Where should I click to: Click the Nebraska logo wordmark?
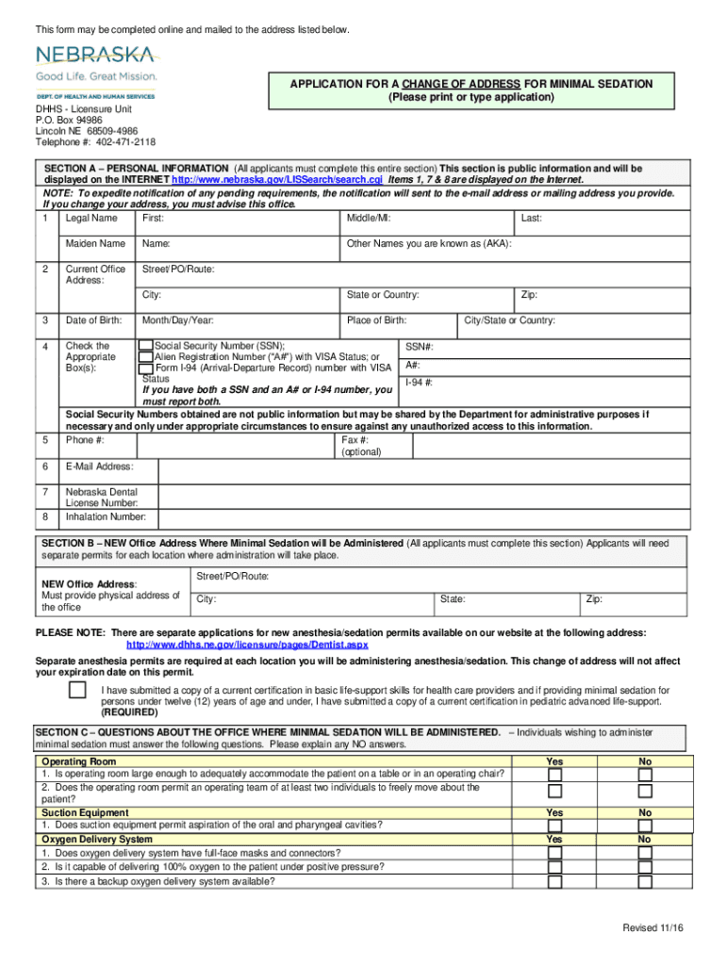tap(95, 55)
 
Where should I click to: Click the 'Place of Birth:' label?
tap(376, 320)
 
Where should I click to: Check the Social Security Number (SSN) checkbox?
tap(145, 346)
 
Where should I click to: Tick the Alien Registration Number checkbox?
tap(145, 357)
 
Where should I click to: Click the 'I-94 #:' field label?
tap(419, 383)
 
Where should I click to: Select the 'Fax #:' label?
tap(355, 439)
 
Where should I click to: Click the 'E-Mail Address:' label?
tap(99, 466)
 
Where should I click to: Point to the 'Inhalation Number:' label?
tap(106, 516)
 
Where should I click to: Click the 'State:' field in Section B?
tap(453, 598)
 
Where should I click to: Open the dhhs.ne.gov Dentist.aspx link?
tap(247, 645)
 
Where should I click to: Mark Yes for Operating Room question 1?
tap(554, 775)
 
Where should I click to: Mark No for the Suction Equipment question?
tap(645, 826)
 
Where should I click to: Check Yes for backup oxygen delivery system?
tap(554, 882)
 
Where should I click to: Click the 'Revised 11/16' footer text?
tap(652, 928)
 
